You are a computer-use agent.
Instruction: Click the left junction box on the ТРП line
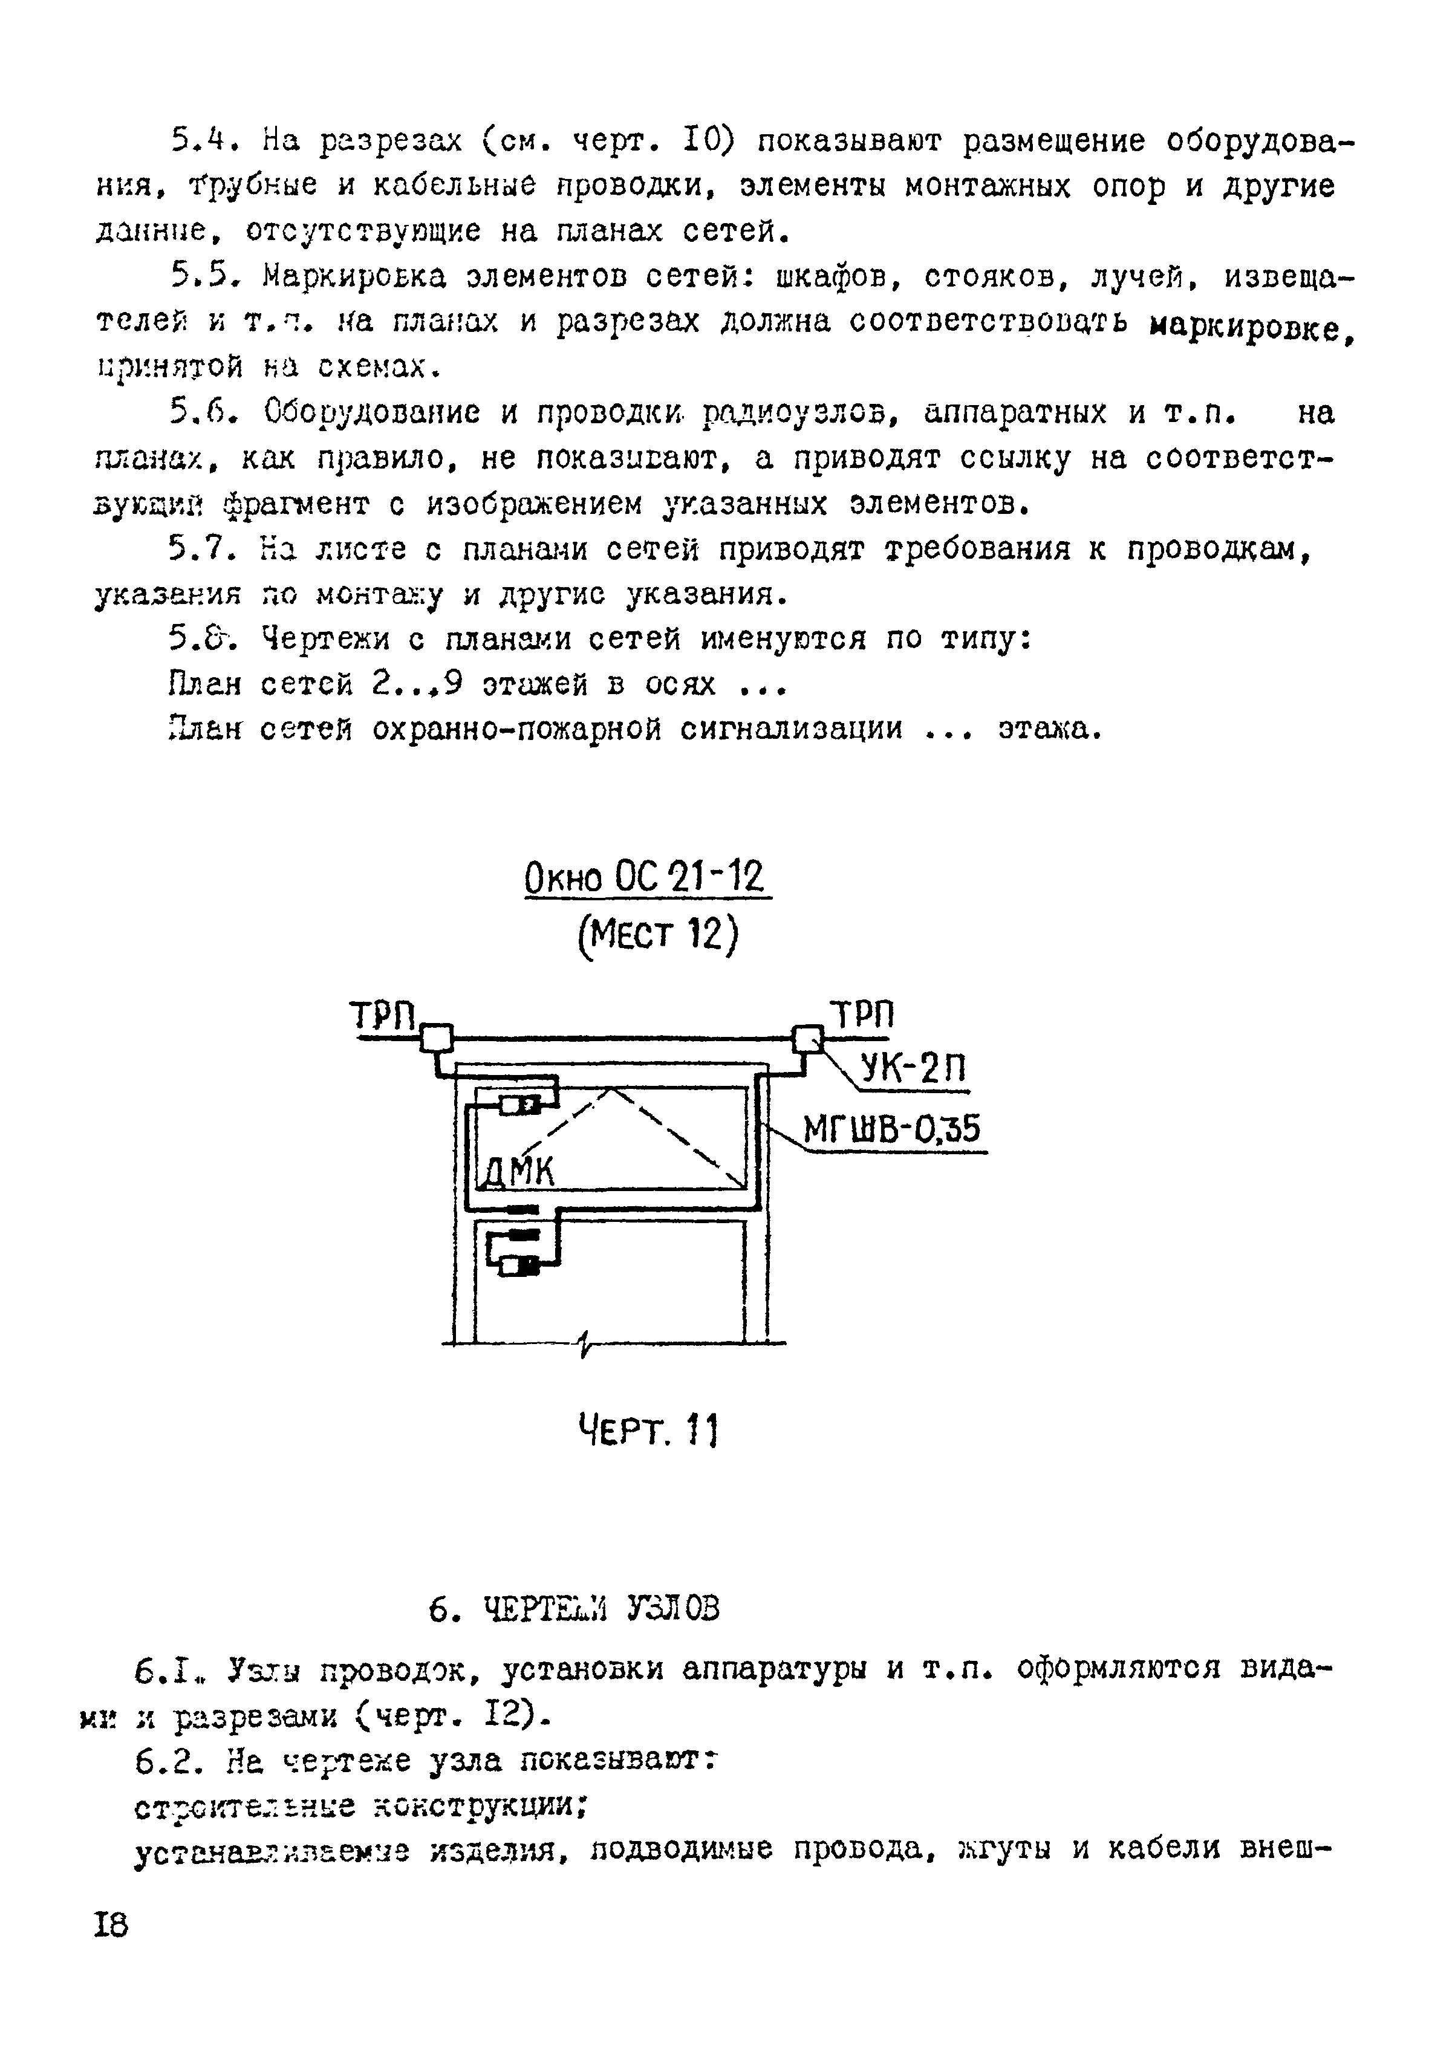tap(437, 1038)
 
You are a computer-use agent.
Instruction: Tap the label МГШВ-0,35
tap(892, 1129)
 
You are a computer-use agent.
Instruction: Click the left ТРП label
tap(383, 1017)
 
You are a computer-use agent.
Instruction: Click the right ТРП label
tap(862, 1015)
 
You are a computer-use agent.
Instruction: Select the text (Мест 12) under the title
tap(657, 935)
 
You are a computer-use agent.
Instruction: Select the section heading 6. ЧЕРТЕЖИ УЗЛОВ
tap(574, 1609)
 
